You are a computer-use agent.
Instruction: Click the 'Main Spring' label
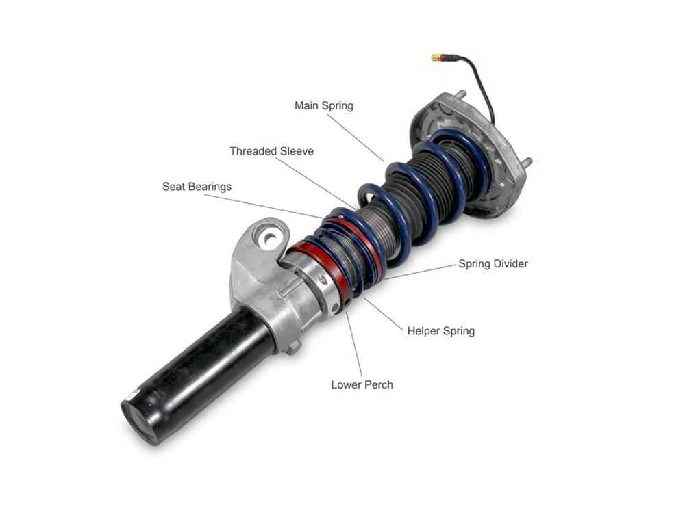[x=324, y=105]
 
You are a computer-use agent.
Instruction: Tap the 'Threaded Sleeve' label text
[x=272, y=151]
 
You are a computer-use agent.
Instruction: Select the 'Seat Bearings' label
[x=197, y=187]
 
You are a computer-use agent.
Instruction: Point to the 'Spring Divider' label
[x=493, y=263]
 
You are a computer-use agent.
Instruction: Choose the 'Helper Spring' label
[x=440, y=330]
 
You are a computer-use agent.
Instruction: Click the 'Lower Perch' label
[x=362, y=384]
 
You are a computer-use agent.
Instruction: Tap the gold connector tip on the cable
[x=436, y=57]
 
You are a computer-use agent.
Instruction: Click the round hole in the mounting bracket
[x=269, y=239]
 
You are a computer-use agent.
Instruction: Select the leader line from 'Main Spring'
[x=356, y=137]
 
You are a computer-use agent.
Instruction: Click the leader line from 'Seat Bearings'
[x=264, y=207]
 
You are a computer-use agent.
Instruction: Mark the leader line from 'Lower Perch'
[x=354, y=343]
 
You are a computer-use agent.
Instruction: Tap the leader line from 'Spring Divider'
[x=421, y=272]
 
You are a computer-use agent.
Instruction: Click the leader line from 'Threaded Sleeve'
[x=315, y=183]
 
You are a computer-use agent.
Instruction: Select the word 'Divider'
[x=511, y=263]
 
